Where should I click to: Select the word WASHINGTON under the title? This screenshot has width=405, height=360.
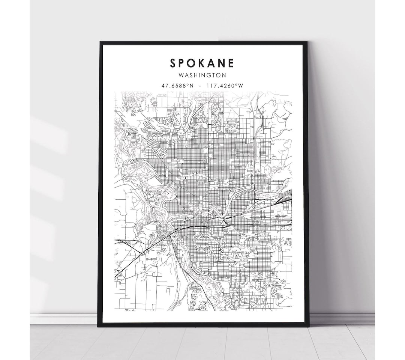(x=203, y=75)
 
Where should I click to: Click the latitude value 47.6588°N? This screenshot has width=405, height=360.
(x=178, y=86)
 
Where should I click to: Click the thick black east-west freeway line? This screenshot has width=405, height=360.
(x=195, y=227)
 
